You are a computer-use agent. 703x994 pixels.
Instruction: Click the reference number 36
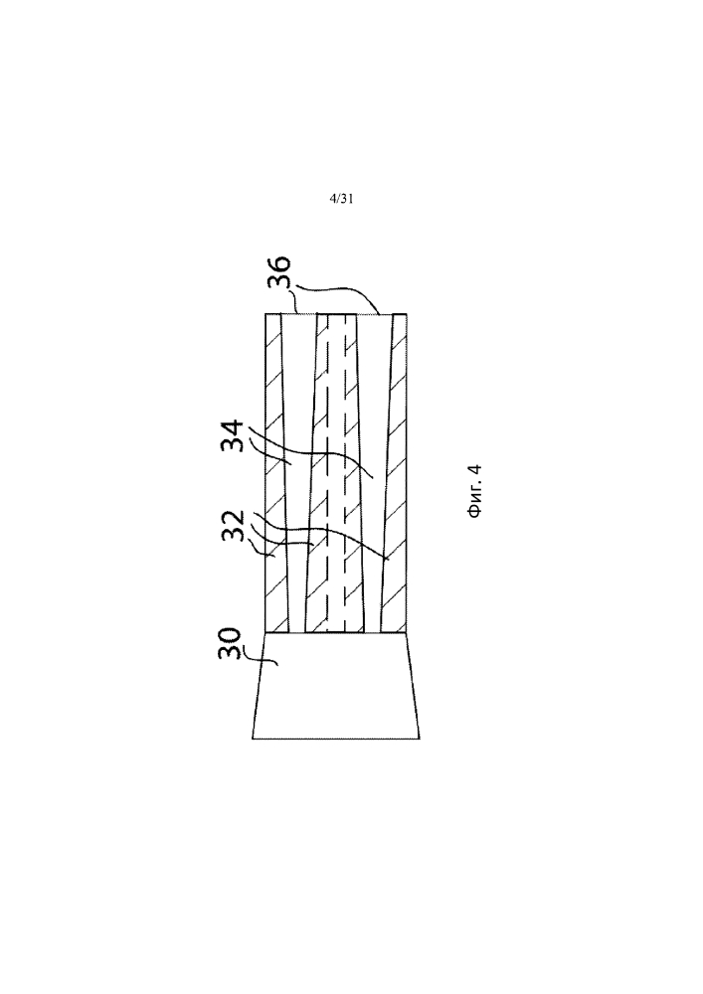click(x=278, y=272)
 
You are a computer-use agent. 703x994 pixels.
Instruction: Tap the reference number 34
click(x=233, y=435)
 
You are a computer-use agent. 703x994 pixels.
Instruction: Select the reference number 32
click(x=233, y=525)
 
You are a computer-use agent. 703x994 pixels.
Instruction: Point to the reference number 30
click(x=229, y=643)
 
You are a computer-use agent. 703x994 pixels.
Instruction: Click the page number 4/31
click(x=341, y=199)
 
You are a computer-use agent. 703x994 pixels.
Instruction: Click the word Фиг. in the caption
click(x=474, y=503)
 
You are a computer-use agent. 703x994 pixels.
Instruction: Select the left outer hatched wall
click(x=275, y=473)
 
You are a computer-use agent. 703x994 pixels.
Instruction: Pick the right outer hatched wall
click(x=395, y=473)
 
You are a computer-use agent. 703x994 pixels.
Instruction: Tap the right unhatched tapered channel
click(x=374, y=473)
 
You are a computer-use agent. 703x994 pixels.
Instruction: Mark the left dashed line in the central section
click(x=328, y=473)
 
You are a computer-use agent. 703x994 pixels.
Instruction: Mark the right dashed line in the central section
click(x=345, y=473)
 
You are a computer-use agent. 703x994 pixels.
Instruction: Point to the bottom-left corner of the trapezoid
click(x=253, y=739)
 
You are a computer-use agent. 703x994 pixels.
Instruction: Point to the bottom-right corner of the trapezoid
click(x=420, y=739)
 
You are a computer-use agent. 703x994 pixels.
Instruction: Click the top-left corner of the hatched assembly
click(x=264, y=314)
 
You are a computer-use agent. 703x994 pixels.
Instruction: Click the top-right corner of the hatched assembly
click(x=407, y=314)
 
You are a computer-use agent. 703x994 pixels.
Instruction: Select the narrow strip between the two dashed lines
click(x=336, y=473)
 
